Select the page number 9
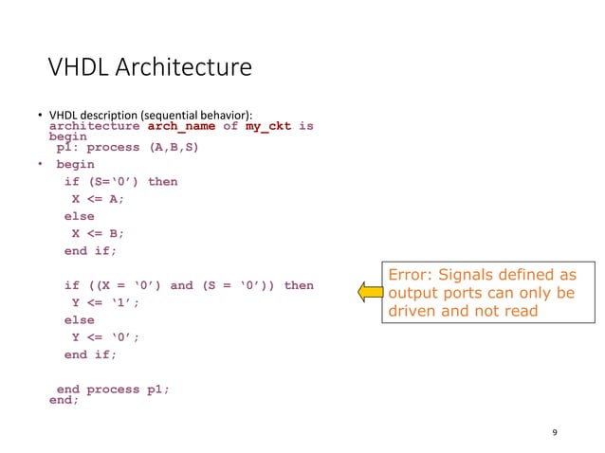click(x=554, y=433)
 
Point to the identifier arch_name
click(x=179, y=126)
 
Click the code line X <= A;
click(x=99, y=199)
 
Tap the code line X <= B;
click(x=99, y=234)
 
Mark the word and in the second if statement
click(x=181, y=285)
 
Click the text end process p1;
click(x=113, y=390)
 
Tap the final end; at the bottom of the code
click(x=64, y=400)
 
